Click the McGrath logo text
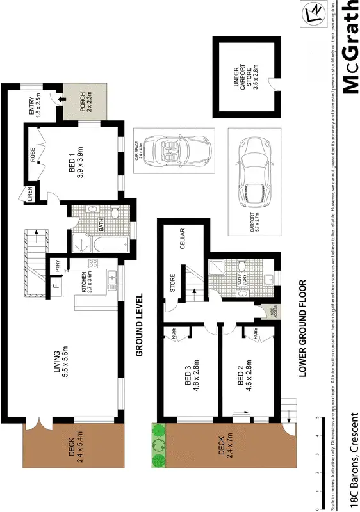click(350, 48)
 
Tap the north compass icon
click(315, 12)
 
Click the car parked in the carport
click(254, 172)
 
